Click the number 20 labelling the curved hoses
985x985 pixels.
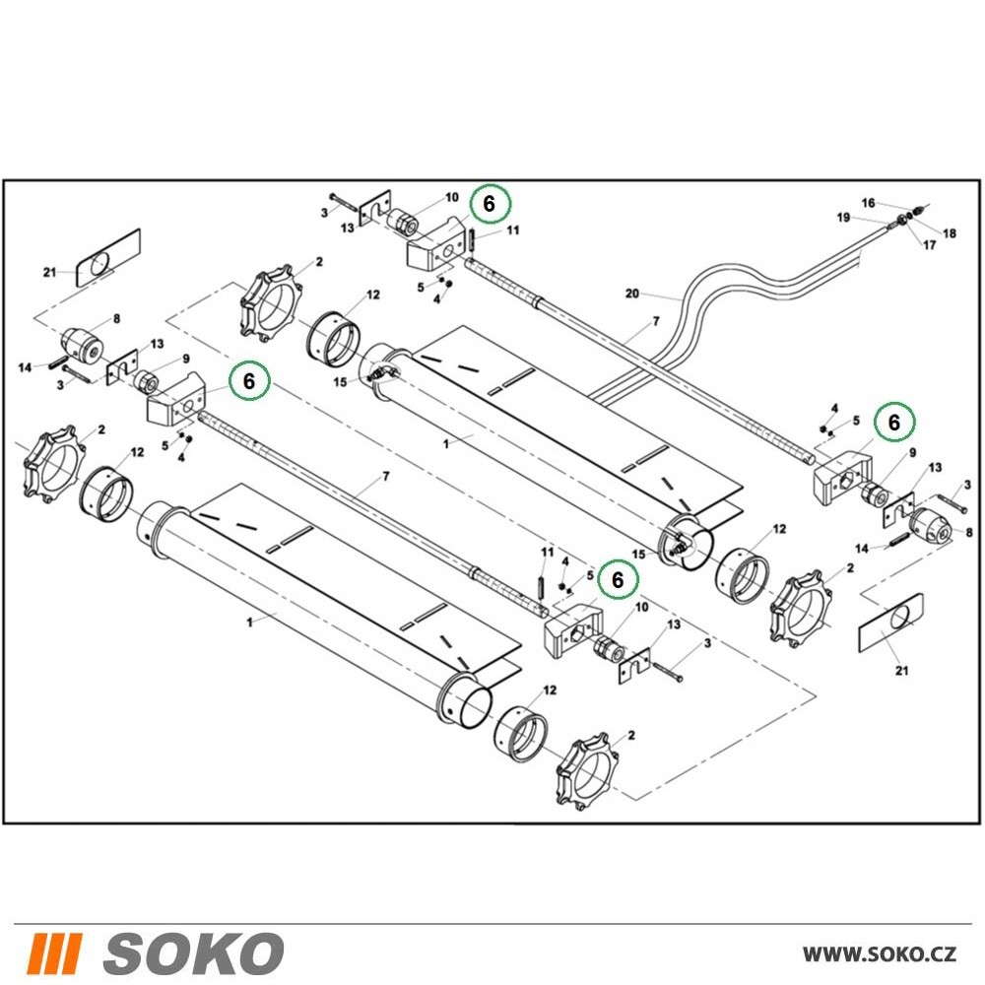(632, 294)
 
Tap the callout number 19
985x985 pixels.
(843, 218)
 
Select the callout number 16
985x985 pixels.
(868, 203)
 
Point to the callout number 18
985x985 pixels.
(950, 233)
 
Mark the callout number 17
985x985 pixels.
(929, 245)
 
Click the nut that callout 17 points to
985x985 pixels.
(900, 220)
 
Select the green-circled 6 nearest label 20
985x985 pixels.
(491, 204)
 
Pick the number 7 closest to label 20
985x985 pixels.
(656, 322)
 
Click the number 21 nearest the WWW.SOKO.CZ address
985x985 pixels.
(901, 671)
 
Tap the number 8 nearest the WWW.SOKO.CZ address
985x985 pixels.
(968, 533)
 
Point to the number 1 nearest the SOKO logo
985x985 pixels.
(250, 623)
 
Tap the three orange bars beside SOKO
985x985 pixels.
(56, 952)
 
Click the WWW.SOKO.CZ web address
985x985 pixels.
(879, 953)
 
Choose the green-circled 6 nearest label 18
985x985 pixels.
(894, 423)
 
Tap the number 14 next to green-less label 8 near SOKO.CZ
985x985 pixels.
(862, 549)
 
